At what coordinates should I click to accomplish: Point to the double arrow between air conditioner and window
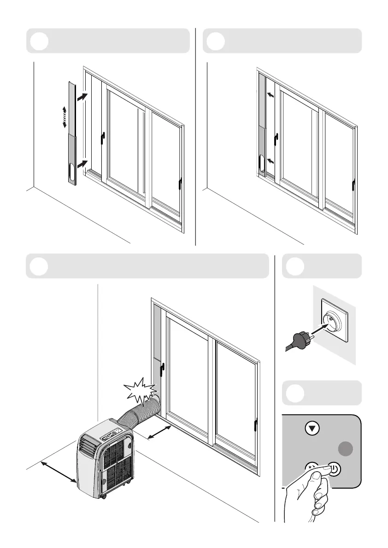click(159, 432)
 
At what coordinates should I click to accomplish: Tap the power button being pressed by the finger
click(334, 470)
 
